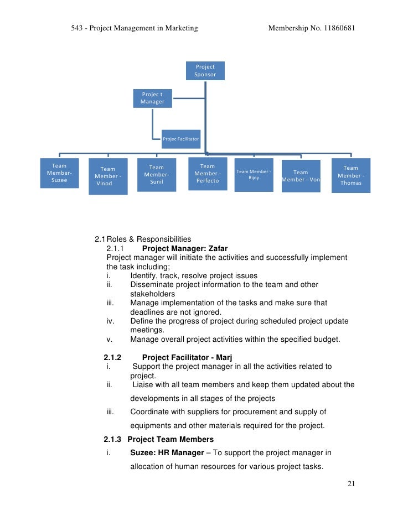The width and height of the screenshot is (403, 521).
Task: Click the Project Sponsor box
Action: [x=205, y=71]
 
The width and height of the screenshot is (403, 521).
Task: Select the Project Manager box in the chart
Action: [x=152, y=98]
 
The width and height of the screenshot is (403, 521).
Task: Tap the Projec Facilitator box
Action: [x=180, y=139]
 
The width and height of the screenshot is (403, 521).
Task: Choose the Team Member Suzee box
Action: [x=59, y=173]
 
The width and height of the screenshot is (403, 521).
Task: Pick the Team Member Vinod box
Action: [x=108, y=176]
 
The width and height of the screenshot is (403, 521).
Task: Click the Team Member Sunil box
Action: [x=157, y=175]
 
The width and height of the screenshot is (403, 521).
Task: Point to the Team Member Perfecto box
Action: [x=207, y=173]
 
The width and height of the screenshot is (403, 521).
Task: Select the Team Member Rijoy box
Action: [x=254, y=175]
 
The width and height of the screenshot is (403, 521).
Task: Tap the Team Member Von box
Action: [x=301, y=176]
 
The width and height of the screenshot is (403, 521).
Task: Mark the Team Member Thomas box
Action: [x=350, y=175]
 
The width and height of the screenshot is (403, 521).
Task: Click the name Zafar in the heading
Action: [x=216, y=248]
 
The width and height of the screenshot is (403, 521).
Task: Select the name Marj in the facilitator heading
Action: [x=232, y=357]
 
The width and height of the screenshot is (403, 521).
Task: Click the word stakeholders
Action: [x=153, y=294]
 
